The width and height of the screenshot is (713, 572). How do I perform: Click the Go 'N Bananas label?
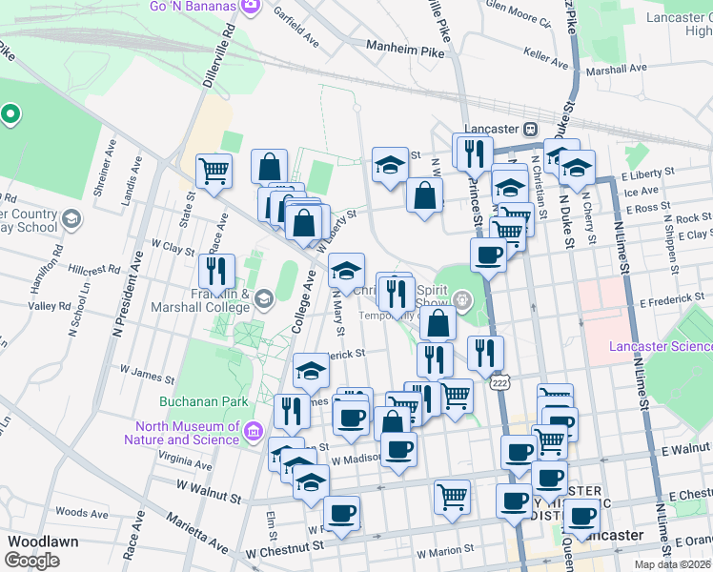click(x=193, y=6)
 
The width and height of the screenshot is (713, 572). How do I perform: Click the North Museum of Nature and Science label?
click(x=182, y=434)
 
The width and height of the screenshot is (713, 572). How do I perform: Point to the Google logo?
click(x=32, y=560)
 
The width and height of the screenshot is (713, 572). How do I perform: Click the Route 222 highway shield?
click(x=499, y=382)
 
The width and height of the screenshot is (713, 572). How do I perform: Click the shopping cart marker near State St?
click(x=214, y=172)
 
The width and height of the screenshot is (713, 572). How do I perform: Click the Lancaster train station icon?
click(x=530, y=129)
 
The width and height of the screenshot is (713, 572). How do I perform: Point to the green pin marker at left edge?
click(x=10, y=115)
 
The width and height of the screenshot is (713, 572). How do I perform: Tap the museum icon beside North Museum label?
click(x=254, y=434)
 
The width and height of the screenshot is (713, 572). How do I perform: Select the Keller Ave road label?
click(x=546, y=56)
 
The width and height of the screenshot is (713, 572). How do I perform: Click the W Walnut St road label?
click(x=209, y=490)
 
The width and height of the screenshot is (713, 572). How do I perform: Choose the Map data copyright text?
click(x=672, y=564)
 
